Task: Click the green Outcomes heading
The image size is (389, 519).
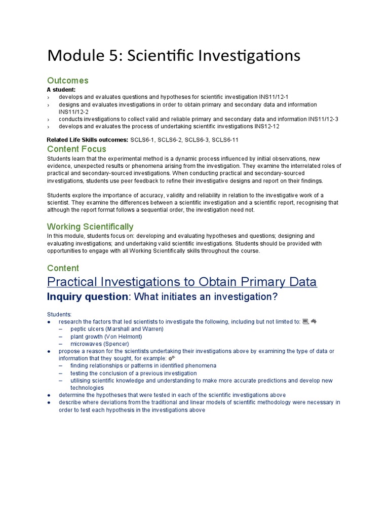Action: [67, 81]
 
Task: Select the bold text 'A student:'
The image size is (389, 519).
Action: [61, 90]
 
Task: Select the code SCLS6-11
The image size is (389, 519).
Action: [225, 139]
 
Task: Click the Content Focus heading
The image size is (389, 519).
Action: [76, 149]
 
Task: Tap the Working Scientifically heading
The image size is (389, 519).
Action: [90, 227]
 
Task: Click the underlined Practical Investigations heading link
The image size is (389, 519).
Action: [182, 282]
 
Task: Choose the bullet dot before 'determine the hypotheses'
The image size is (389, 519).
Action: [49, 395]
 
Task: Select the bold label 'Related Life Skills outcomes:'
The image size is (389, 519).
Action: [87, 139]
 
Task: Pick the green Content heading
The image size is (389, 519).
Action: [63, 268]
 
